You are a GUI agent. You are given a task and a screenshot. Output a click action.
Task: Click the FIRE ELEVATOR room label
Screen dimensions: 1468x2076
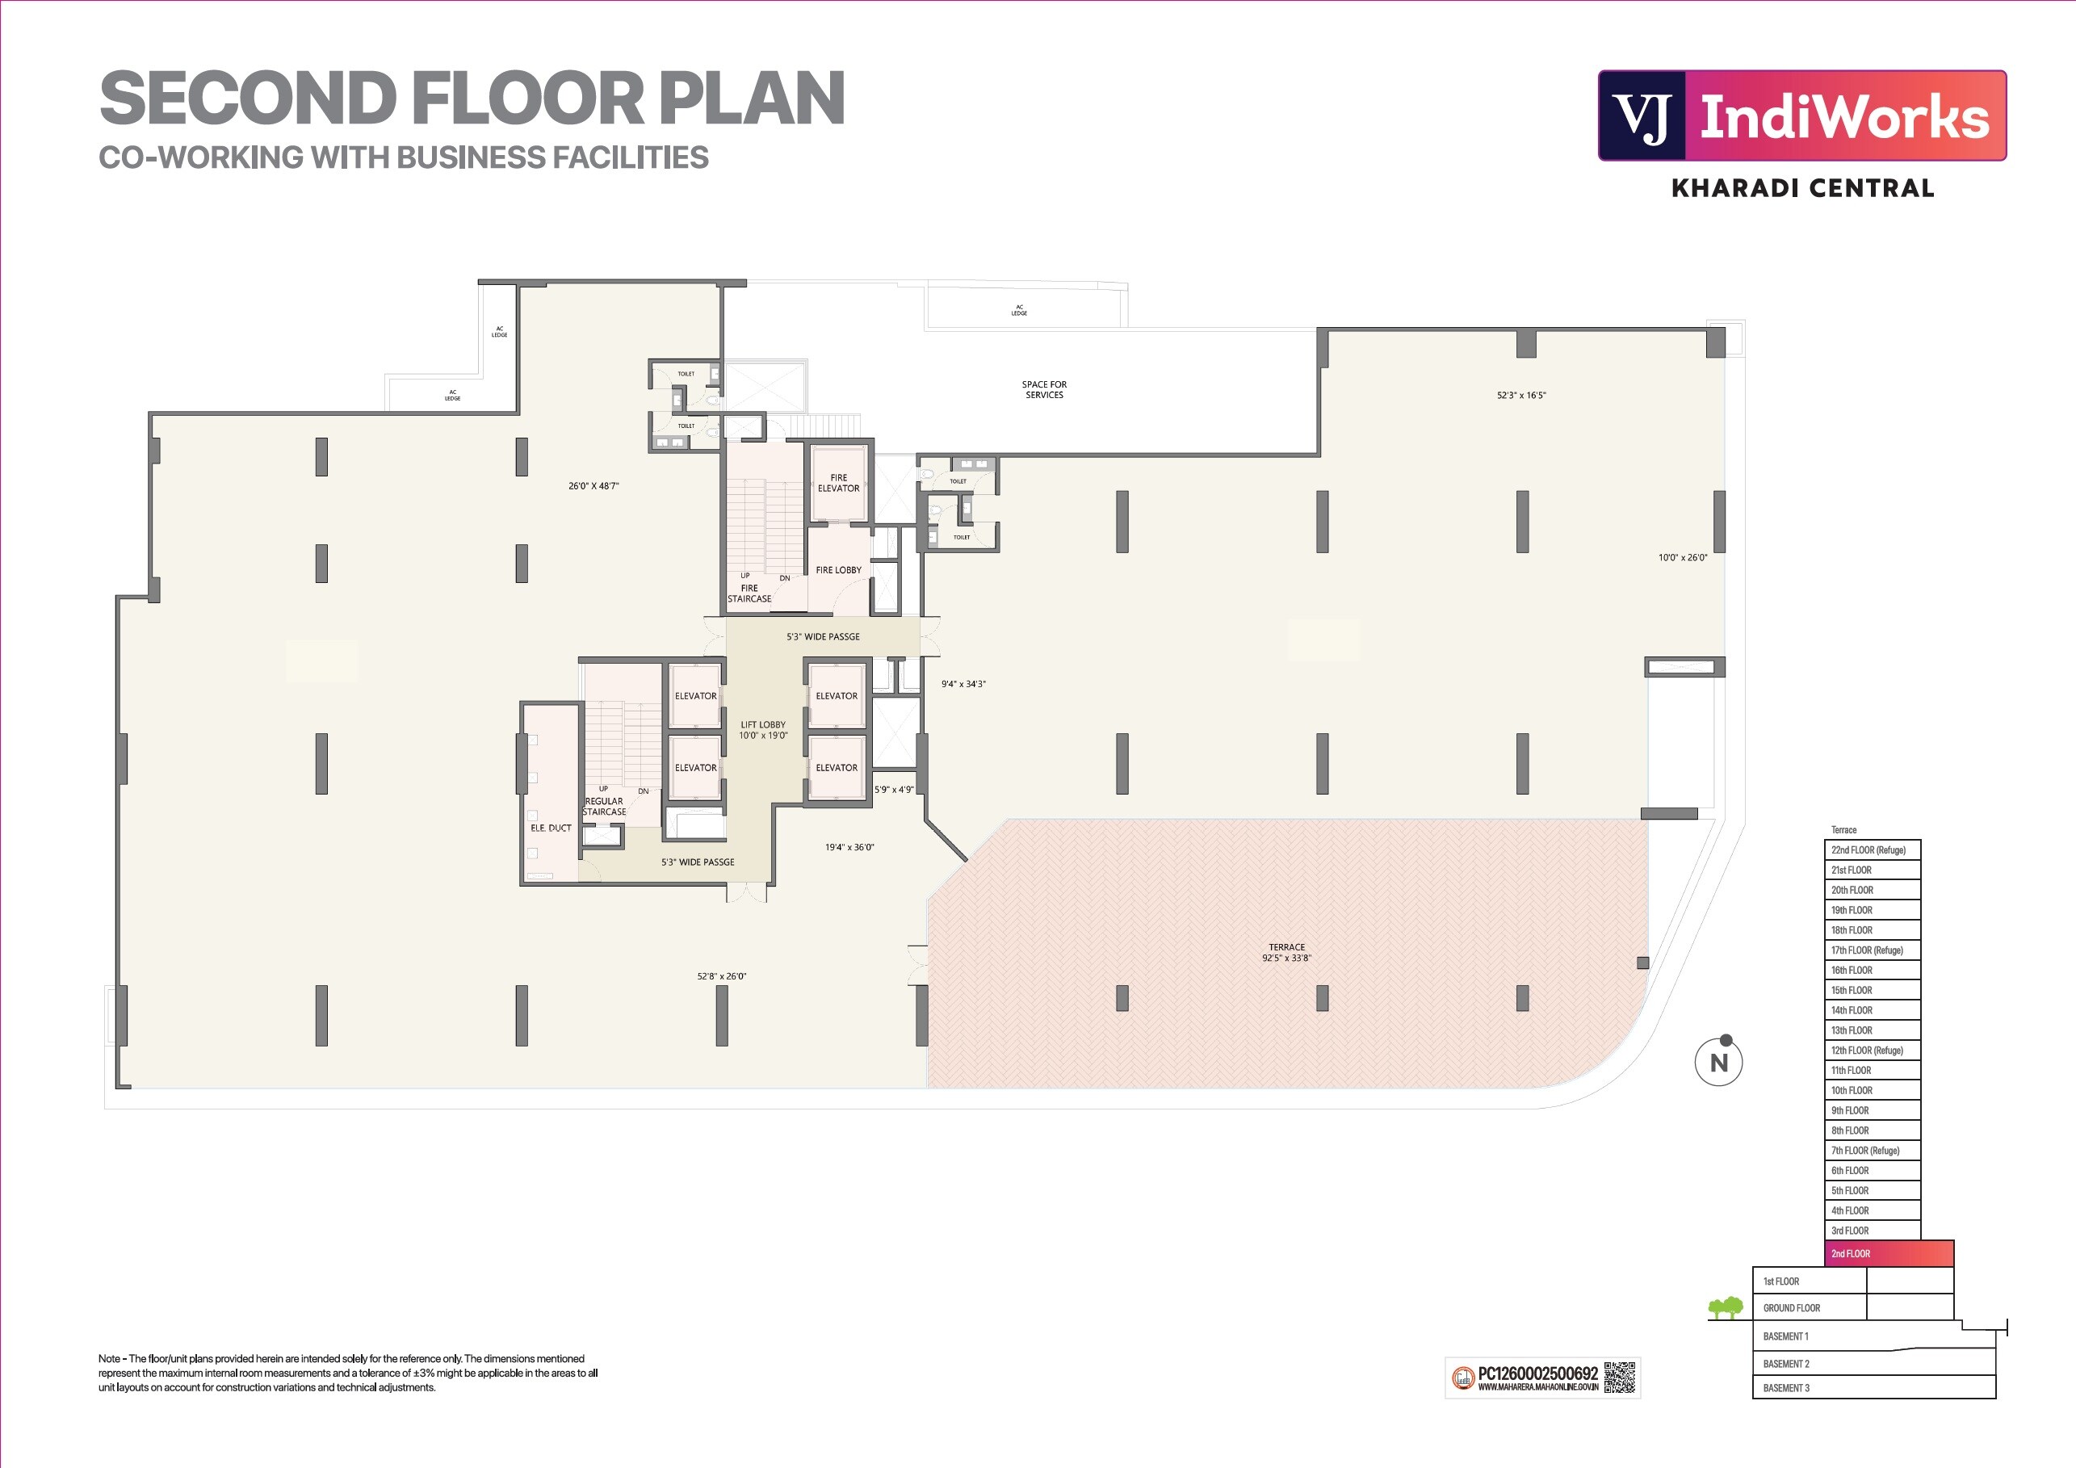[x=838, y=483]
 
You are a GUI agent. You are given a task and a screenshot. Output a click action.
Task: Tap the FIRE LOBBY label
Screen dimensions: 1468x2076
[x=838, y=570]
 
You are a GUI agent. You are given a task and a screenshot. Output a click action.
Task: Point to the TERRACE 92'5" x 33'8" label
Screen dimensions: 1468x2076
[x=1285, y=953]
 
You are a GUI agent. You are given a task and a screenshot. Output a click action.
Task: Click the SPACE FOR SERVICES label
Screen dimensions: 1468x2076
[x=1043, y=389]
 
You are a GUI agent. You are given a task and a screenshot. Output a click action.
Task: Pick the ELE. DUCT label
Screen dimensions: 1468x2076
[x=551, y=828]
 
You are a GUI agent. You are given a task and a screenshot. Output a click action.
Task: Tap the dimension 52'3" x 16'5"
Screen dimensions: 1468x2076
[x=1520, y=395]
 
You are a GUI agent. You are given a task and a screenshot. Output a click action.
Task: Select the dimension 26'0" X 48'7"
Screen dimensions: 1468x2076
[x=593, y=486]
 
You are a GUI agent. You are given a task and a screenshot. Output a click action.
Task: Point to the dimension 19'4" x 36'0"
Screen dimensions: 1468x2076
[x=849, y=848]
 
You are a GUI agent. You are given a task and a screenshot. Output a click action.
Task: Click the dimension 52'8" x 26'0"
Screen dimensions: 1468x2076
[x=722, y=976]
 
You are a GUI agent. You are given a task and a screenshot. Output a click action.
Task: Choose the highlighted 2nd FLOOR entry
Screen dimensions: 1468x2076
[x=1888, y=1254]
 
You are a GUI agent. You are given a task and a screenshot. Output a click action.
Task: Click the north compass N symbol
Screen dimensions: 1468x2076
[x=1718, y=1063]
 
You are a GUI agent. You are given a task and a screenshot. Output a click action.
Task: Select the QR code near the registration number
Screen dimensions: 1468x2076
[x=1620, y=1378]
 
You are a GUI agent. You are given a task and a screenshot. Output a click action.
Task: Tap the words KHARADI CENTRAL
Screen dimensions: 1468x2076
[x=1802, y=188]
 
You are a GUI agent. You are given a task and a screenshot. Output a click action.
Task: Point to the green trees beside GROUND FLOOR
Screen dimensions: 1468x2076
[x=1726, y=1307]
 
